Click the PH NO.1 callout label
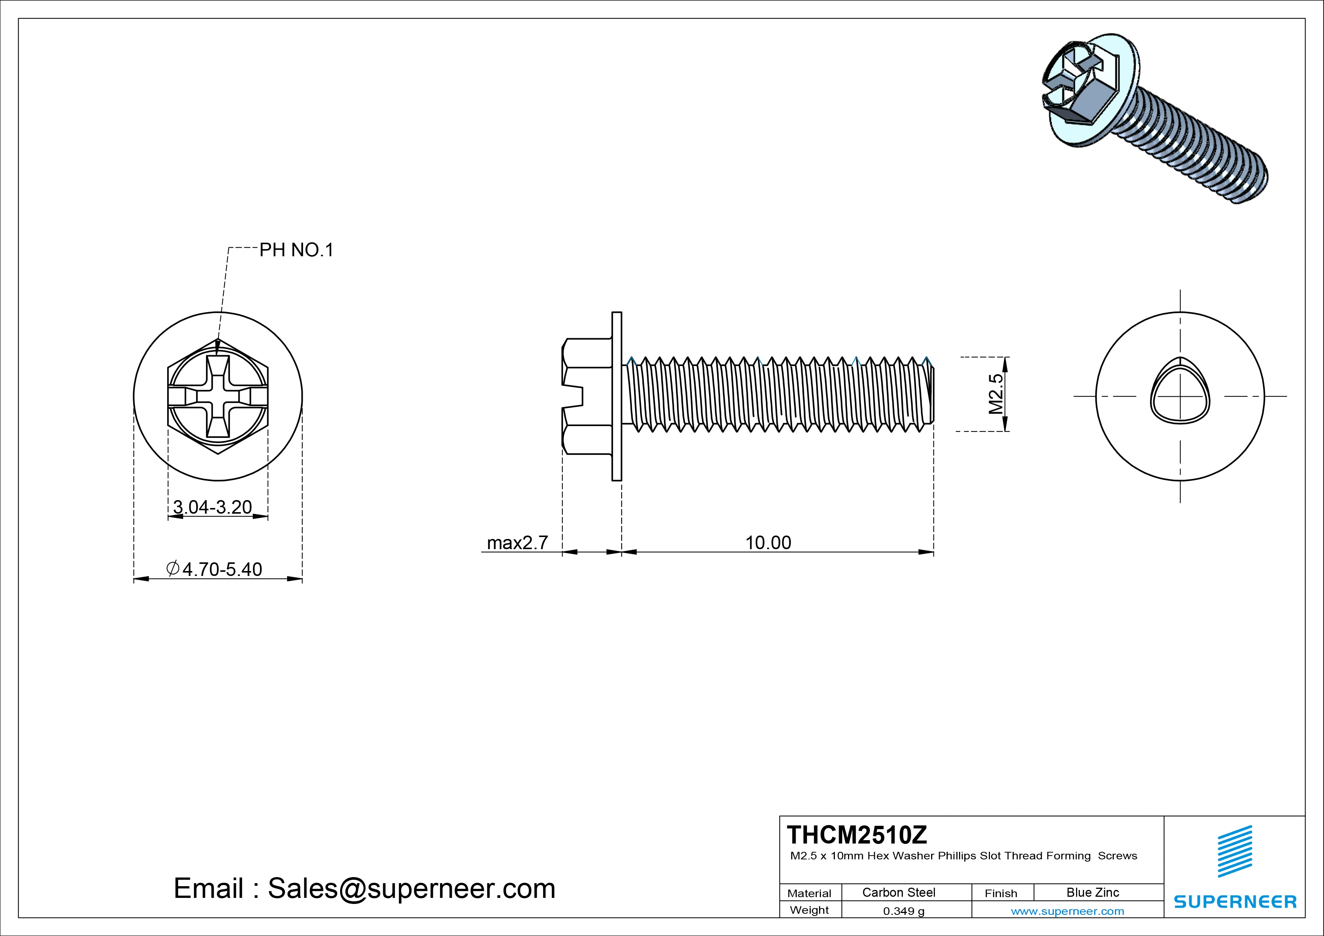click(x=296, y=250)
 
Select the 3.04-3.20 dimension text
click(x=212, y=507)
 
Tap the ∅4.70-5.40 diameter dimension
click(x=214, y=569)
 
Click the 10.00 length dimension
click(x=768, y=543)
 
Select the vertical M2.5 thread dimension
click(x=996, y=394)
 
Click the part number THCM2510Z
click(x=857, y=834)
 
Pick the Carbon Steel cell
click(x=898, y=892)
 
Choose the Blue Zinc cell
click(x=1092, y=892)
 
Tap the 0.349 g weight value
click(x=904, y=911)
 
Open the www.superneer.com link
click(x=1067, y=911)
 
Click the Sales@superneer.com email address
click(x=411, y=888)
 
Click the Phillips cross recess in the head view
click(x=218, y=397)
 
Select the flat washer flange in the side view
click(x=616, y=396)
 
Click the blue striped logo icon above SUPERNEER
click(x=1235, y=851)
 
